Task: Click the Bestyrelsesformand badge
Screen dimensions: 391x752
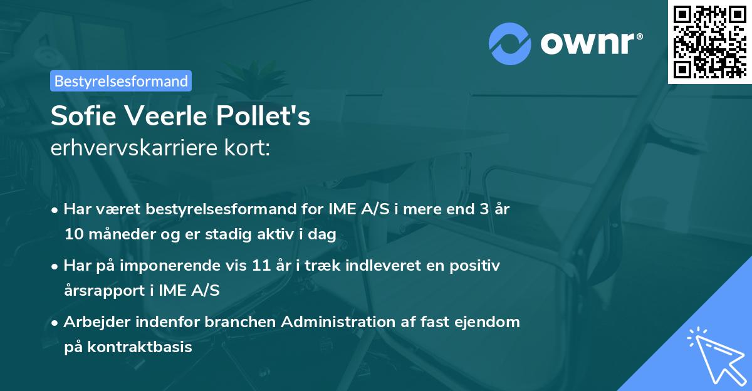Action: point(121,81)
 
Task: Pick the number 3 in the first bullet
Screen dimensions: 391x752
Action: point(483,209)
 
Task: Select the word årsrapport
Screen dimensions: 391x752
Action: point(105,291)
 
